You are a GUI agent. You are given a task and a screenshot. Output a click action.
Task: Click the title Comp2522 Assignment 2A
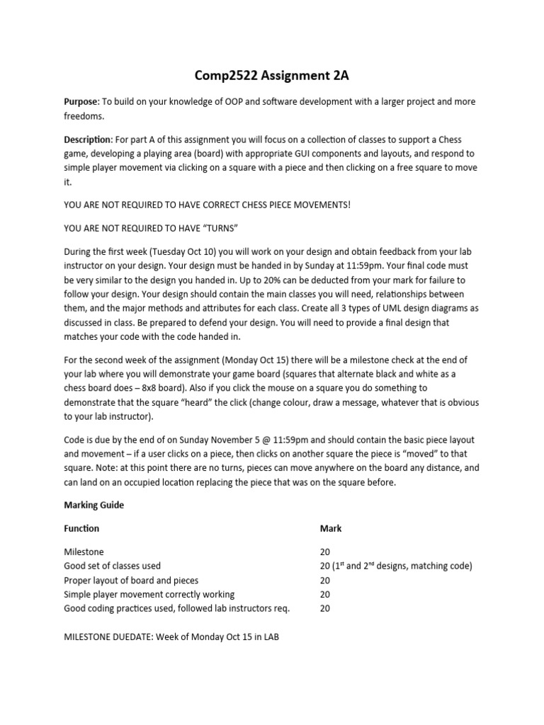click(271, 76)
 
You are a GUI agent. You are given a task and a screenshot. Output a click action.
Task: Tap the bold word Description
click(87, 140)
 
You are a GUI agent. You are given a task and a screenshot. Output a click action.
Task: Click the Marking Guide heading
click(93, 506)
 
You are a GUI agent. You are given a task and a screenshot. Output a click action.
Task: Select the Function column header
click(81, 528)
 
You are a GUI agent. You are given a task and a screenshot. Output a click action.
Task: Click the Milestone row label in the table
click(83, 552)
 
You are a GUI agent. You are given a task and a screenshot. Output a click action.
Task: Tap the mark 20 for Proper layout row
click(326, 580)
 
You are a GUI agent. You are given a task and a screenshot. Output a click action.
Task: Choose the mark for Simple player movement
click(326, 594)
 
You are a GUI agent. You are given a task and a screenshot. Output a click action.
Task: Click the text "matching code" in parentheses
click(441, 566)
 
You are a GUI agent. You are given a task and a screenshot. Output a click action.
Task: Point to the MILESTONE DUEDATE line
click(171, 636)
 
